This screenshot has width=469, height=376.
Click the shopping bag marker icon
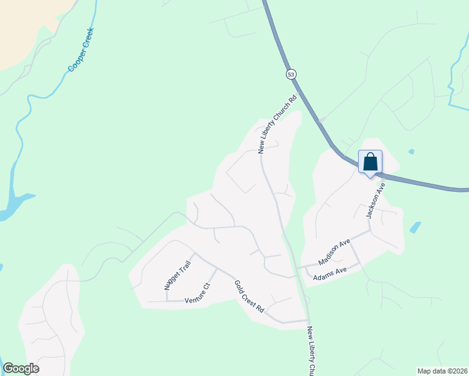point(370,162)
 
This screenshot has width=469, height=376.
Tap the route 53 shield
point(292,74)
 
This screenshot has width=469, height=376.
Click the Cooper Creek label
point(81,50)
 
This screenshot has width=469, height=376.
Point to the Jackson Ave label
point(374,197)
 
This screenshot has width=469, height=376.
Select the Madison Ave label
point(334,252)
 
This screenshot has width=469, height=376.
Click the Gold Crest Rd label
point(250,296)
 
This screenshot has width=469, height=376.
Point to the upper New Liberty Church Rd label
point(277,124)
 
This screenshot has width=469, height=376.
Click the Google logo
point(21,368)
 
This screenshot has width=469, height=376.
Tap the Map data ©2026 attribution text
point(441,370)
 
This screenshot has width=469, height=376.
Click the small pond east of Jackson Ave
point(415,227)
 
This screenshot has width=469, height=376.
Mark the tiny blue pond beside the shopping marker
point(411,152)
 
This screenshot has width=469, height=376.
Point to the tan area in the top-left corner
point(25,25)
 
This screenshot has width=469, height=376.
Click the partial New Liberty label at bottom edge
point(312,351)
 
